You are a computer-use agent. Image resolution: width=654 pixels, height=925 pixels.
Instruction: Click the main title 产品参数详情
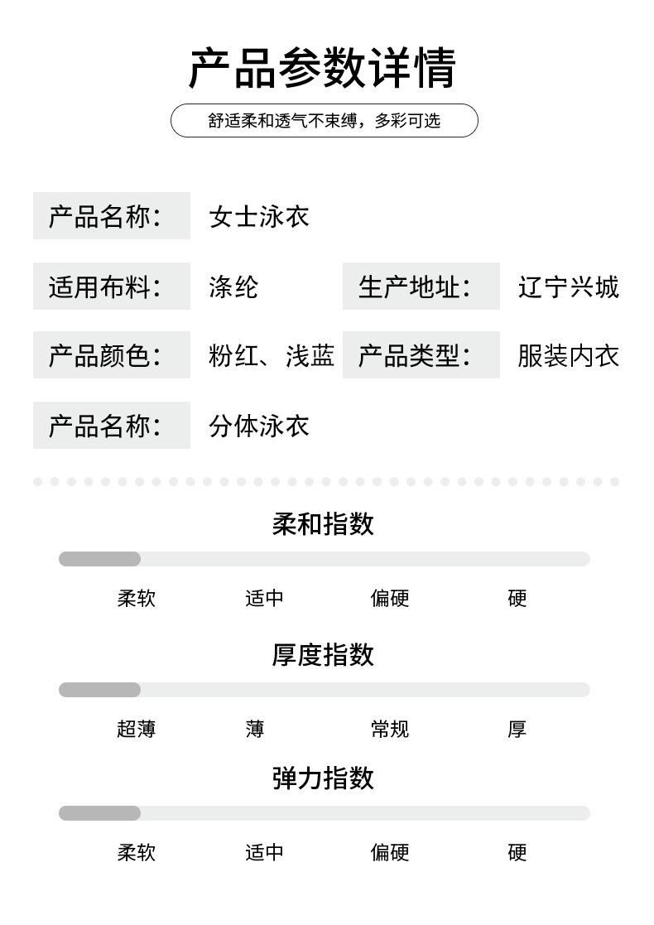tap(322, 68)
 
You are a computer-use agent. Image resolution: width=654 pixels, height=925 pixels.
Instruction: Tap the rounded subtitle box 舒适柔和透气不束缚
tap(324, 120)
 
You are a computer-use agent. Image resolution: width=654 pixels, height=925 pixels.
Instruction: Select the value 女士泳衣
tap(259, 216)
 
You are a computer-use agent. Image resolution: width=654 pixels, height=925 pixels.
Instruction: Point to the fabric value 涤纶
tap(233, 287)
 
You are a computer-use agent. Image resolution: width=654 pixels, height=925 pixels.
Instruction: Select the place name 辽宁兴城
tap(568, 287)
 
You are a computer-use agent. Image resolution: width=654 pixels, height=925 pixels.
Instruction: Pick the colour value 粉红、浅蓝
tap(272, 355)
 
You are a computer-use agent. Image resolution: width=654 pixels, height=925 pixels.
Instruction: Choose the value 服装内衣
tap(568, 355)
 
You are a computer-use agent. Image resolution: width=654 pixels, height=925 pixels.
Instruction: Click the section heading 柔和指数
tap(323, 523)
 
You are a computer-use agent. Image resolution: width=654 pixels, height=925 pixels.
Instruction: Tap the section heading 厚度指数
tap(323, 654)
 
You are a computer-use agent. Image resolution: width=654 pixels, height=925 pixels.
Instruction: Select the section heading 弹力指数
tap(323, 778)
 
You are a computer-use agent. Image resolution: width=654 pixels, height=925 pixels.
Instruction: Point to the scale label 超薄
tap(137, 729)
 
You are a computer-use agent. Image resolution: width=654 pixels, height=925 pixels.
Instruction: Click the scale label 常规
tap(389, 729)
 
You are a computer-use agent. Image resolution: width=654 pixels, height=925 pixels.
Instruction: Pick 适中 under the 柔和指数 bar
tap(264, 598)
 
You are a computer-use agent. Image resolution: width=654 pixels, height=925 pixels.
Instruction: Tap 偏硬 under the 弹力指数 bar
tap(389, 852)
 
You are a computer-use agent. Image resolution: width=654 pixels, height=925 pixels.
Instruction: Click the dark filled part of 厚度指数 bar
tap(99, 690)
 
